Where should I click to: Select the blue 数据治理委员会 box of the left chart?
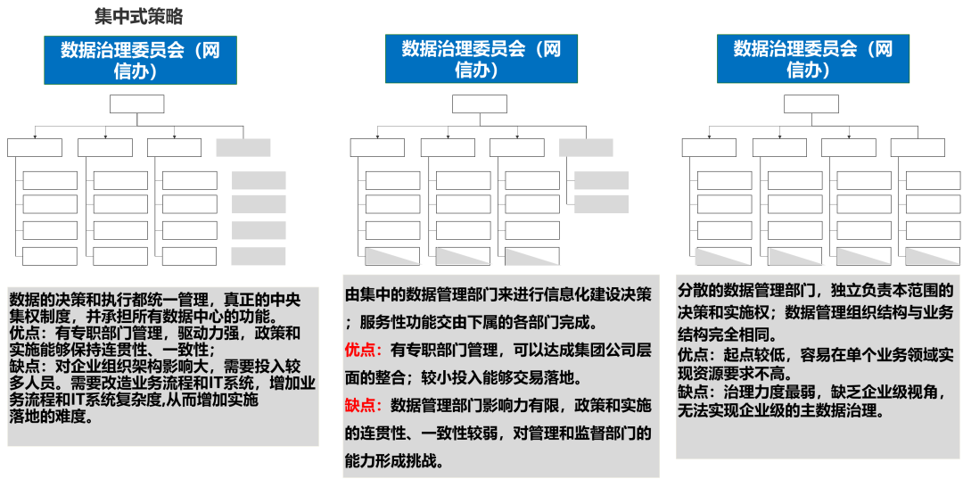(x=140, y=60)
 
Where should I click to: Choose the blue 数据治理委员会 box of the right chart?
(x=812, y=60)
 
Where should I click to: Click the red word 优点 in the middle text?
(x=363, y=351)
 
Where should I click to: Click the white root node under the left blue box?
(x=137, y=104)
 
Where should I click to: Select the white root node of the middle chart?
(x=479, y=104)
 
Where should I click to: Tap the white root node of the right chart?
(x=811, y=104)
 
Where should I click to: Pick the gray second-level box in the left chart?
(x=243, y=147)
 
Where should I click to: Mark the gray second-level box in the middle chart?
(x=586, y=147)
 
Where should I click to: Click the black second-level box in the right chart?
(x=917, y=147)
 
